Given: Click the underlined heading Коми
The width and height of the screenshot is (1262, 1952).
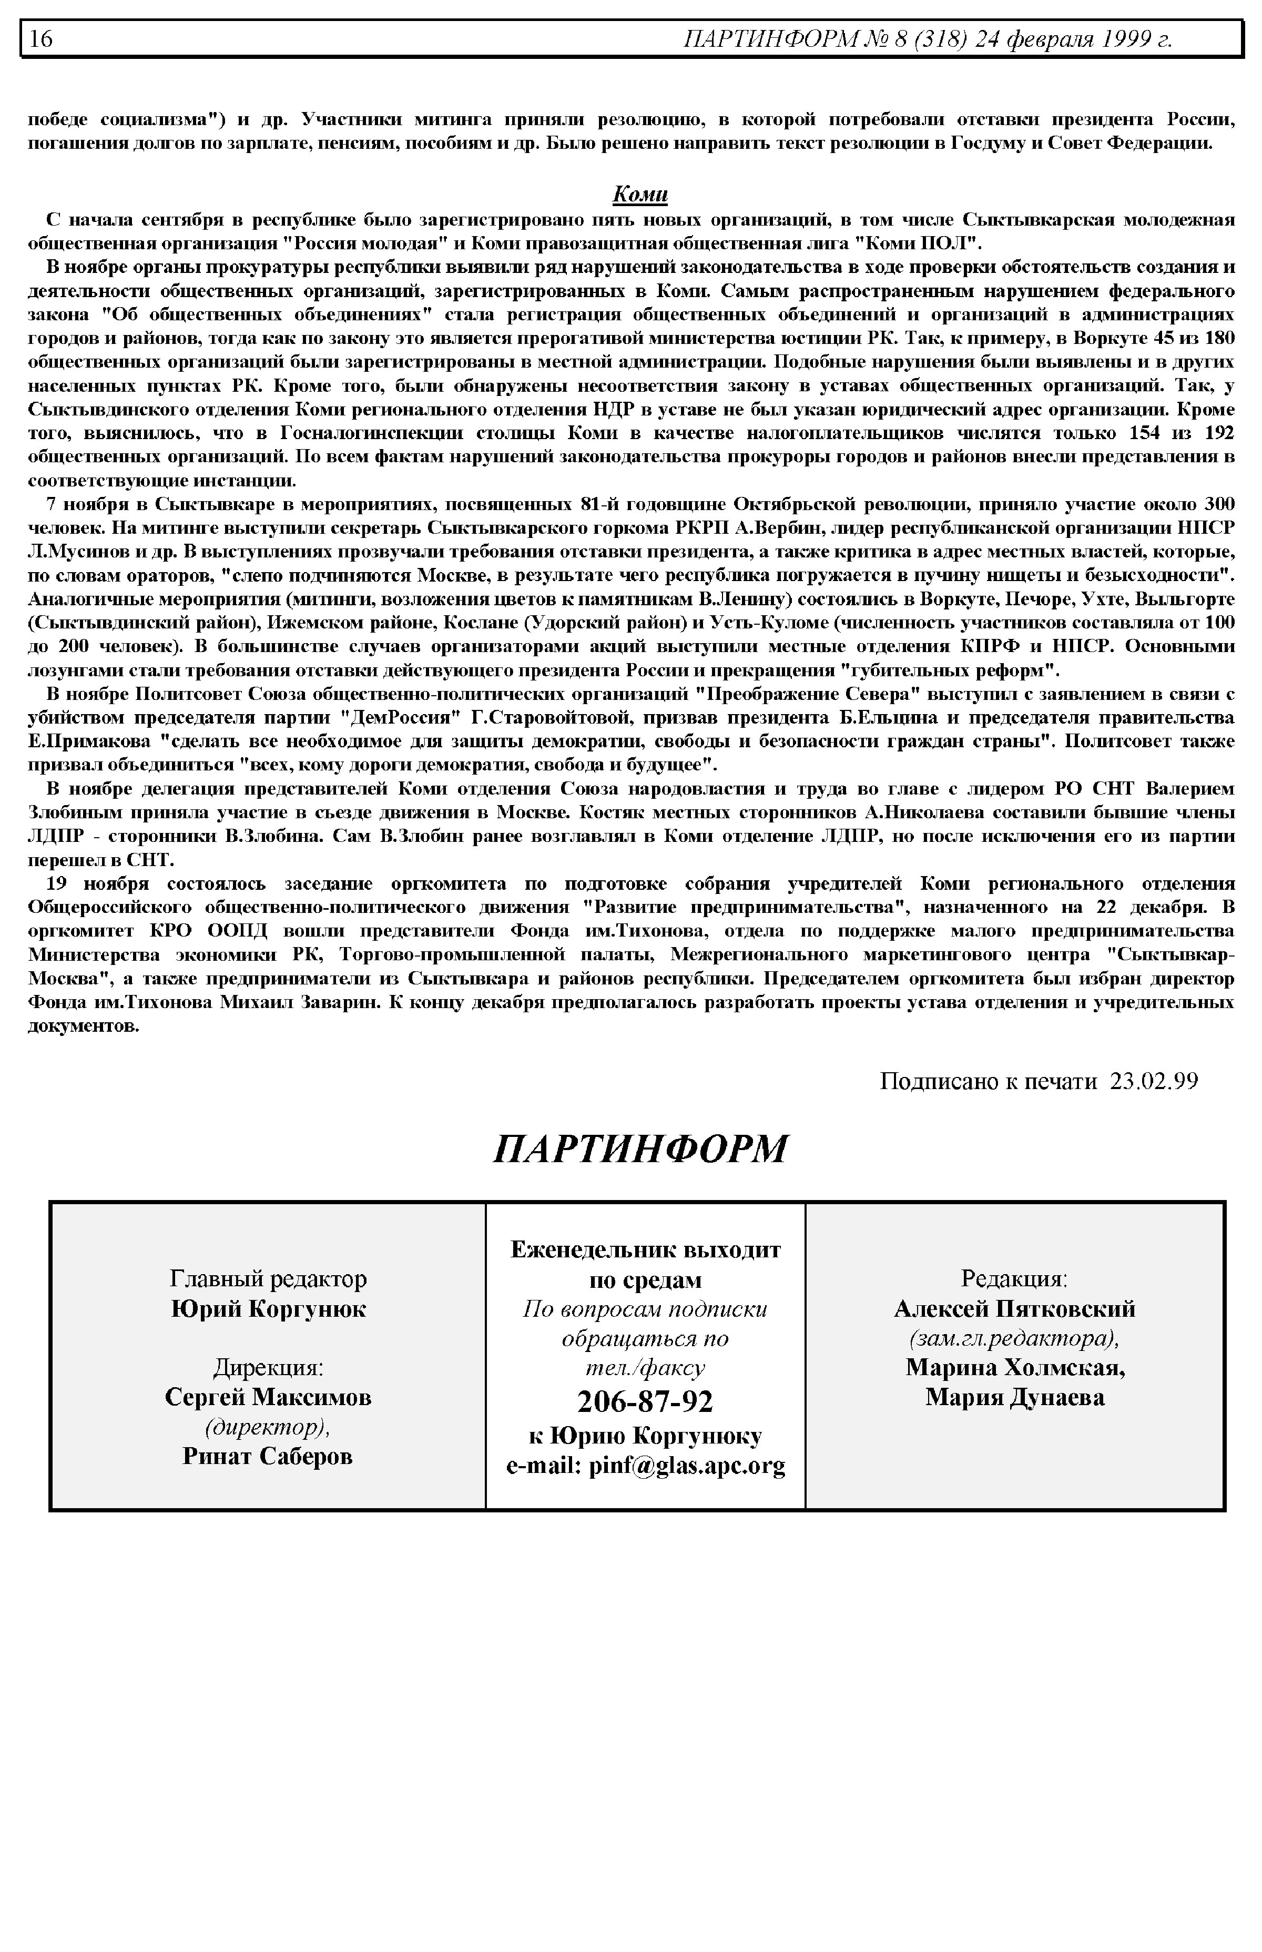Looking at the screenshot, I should pos(640,195).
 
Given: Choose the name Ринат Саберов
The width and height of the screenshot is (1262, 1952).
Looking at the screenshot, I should pos(268,1456).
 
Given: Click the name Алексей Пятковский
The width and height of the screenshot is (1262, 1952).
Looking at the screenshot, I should pos(1014,1309).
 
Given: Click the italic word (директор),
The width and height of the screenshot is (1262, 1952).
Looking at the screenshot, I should pos(268,1427).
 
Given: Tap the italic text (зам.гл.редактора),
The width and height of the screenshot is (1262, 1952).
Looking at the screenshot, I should pos(1014,1338).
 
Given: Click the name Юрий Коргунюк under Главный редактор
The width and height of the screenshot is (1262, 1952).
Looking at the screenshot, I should pos(268,1309).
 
